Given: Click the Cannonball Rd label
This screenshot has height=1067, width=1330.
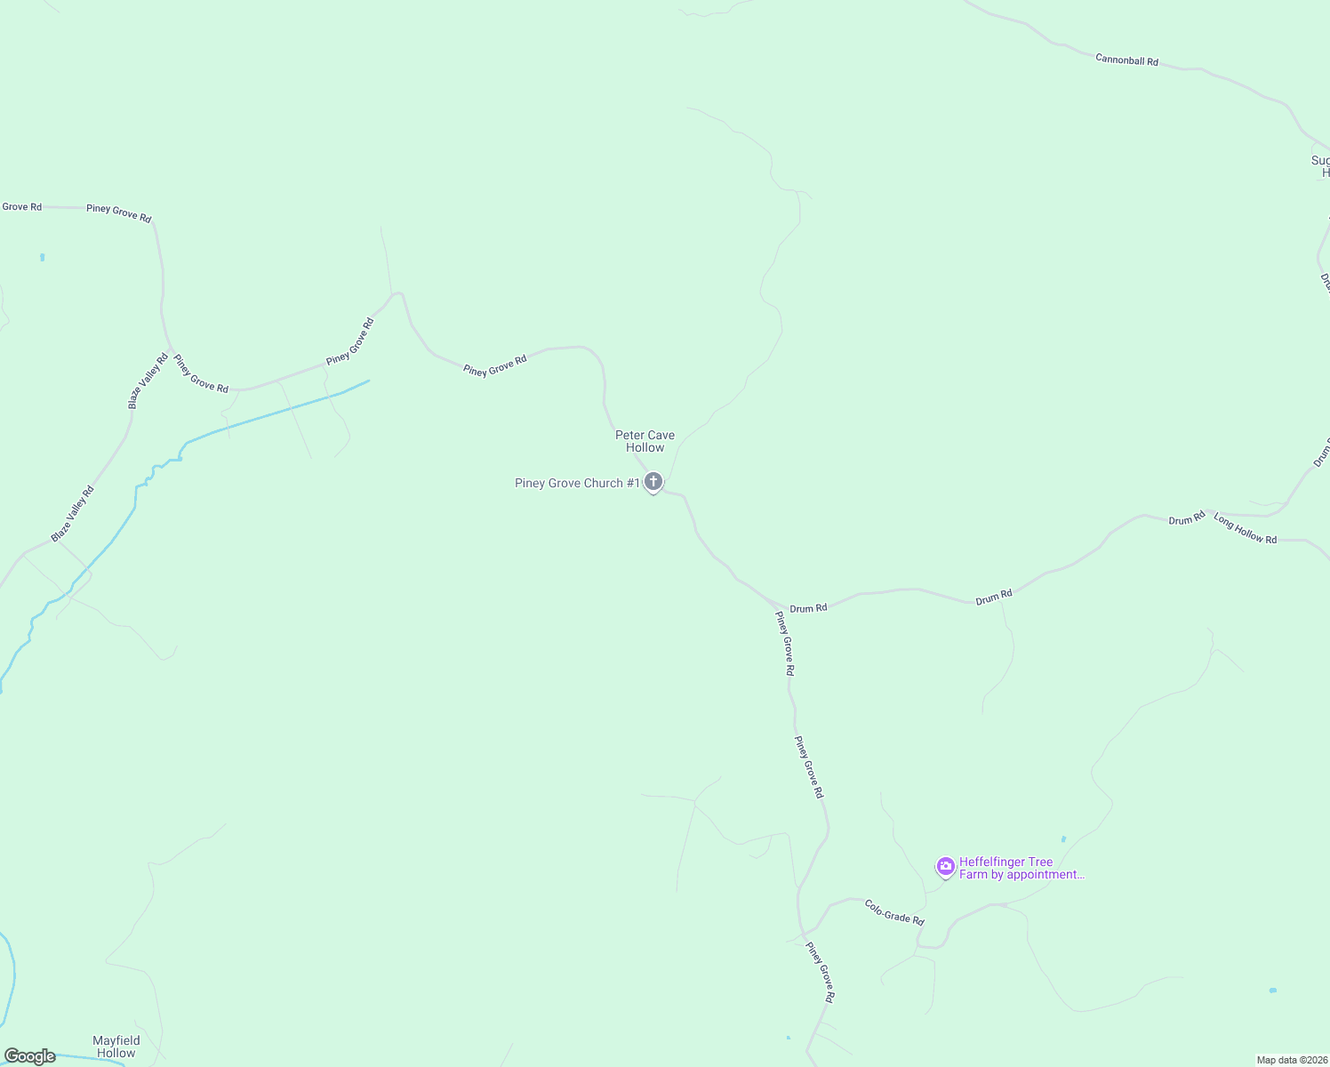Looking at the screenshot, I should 1126,60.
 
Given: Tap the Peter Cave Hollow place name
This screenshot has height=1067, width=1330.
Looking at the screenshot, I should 645,441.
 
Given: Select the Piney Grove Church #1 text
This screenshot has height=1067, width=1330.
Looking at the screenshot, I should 577,484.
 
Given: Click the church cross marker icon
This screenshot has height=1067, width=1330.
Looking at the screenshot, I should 653,483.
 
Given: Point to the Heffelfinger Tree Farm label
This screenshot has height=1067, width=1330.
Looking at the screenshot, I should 1021,868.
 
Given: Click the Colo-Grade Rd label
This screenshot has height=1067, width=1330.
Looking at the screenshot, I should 894,911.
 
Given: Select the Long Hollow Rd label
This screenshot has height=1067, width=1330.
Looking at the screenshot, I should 1245,529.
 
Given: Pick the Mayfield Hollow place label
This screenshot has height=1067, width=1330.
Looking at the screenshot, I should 116,1047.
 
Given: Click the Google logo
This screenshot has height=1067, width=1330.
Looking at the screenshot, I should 29,1056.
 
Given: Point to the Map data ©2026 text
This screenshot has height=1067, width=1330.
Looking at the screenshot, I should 1292,1060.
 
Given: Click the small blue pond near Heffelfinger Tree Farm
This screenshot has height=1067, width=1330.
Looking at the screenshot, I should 1063,838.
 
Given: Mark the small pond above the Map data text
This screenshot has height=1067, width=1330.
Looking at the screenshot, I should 1273,991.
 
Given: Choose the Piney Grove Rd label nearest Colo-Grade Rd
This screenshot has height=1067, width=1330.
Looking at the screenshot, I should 820,972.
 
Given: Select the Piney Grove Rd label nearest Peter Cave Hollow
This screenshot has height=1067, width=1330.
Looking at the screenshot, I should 495,365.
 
